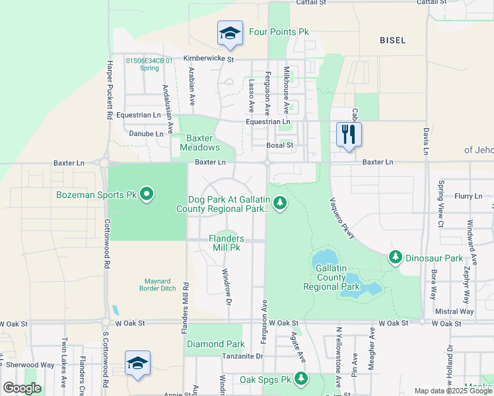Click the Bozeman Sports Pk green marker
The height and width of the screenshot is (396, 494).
(x=147, y=195)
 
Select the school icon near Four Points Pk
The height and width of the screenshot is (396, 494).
(x=229, y=34)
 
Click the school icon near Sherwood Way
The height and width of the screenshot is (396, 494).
(x=138, y=364)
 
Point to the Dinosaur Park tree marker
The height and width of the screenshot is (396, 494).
(x=396, y=256)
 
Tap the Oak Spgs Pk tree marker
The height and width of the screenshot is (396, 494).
(x=301, y=378)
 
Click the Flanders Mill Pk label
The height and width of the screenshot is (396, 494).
(x=227, y=243)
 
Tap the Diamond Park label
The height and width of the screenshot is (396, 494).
(x=216, y=345)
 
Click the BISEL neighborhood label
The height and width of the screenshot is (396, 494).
(x=393, y=40)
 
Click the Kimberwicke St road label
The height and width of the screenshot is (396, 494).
(x=209, y=59)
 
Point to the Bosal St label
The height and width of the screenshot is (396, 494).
(x=279, y=145)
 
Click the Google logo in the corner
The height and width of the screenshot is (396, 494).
(x=22, y=389)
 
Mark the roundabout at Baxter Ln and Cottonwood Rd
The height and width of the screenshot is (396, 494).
(x=104, y=162)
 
